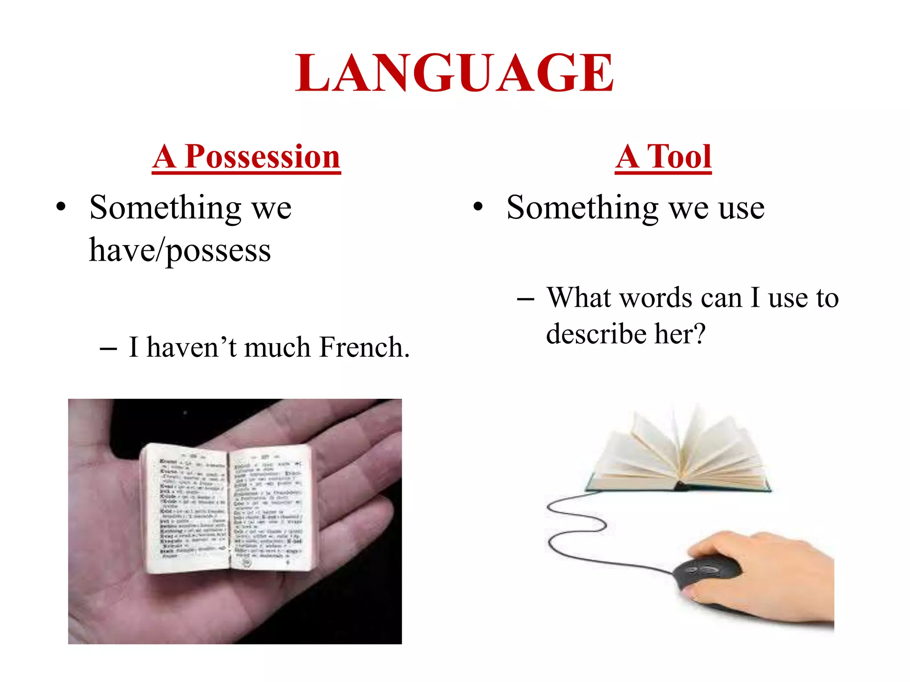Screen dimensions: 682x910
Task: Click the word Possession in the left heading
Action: [x=262, y=157]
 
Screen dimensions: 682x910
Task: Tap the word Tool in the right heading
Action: [x=679, y=157]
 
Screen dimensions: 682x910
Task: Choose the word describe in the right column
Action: [x=596, y=334]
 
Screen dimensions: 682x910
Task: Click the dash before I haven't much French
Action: [x=108, y=349]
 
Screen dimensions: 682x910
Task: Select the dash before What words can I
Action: [x=526, y=299]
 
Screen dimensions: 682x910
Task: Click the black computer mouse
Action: [x=706, y=573]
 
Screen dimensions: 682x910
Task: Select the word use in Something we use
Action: [x=741, y=208]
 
